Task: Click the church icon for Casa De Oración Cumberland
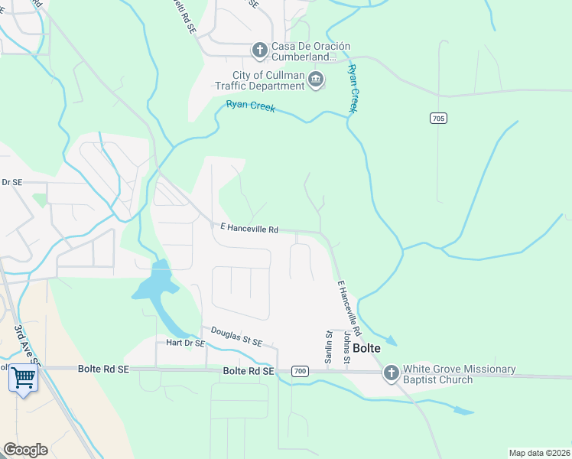tap(260, 51)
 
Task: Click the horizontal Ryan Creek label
tap(251, 109)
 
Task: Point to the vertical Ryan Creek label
tap(353, 89)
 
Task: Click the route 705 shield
tap(437, 119)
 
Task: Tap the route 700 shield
tap(301, 371)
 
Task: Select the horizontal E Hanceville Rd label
tap(249, 228)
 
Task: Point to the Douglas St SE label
tap(237, 336)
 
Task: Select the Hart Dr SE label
tap(180, 343)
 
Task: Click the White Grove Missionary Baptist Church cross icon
tap(391, 373)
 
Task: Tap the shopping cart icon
tap(23, 377)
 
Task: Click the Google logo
tap(25, 450)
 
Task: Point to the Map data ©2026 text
tap(539, 453)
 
